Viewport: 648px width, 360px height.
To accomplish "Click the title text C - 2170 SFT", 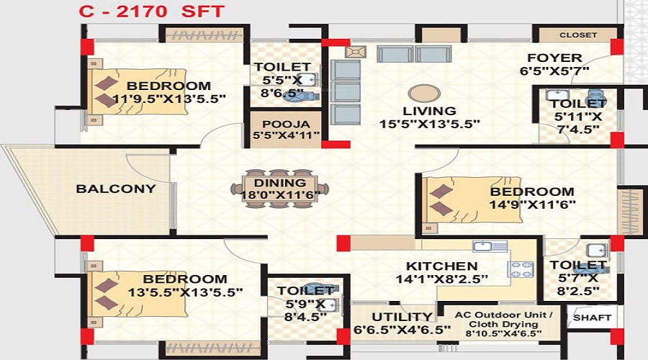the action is tap(152, 11).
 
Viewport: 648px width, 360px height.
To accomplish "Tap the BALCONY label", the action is tap(116, 189).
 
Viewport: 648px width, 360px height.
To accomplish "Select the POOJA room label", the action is tap(286, 124).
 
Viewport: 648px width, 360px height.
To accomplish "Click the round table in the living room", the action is tap(423, 93).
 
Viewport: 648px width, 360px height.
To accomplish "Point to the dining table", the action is tap(280, 189).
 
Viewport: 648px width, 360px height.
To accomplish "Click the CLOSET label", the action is tap(578, 35).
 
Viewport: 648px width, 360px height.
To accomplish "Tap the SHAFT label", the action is tap(593, 318).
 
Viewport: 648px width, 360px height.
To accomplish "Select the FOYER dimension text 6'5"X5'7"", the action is tap(554, 71).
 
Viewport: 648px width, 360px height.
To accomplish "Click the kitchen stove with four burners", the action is tap(521, 269).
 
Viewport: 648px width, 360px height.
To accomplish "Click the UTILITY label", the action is tap(402, 317).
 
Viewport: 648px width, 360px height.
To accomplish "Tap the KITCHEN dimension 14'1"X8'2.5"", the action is tap(442, 279).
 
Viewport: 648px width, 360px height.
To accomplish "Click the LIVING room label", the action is tap(429, 111).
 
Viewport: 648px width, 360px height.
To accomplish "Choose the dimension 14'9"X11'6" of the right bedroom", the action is tap(532, 204).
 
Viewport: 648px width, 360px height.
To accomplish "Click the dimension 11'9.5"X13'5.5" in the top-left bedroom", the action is tap(169, 99).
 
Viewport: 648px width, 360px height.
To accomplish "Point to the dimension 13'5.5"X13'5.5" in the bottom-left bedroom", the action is tap(185, 292).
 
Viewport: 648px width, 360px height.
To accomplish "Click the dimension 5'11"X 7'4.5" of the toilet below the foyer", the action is tap(578, 122).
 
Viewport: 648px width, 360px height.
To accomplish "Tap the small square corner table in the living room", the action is tap(356, 52).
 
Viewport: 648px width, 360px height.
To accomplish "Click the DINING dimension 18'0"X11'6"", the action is tap(280, 194).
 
